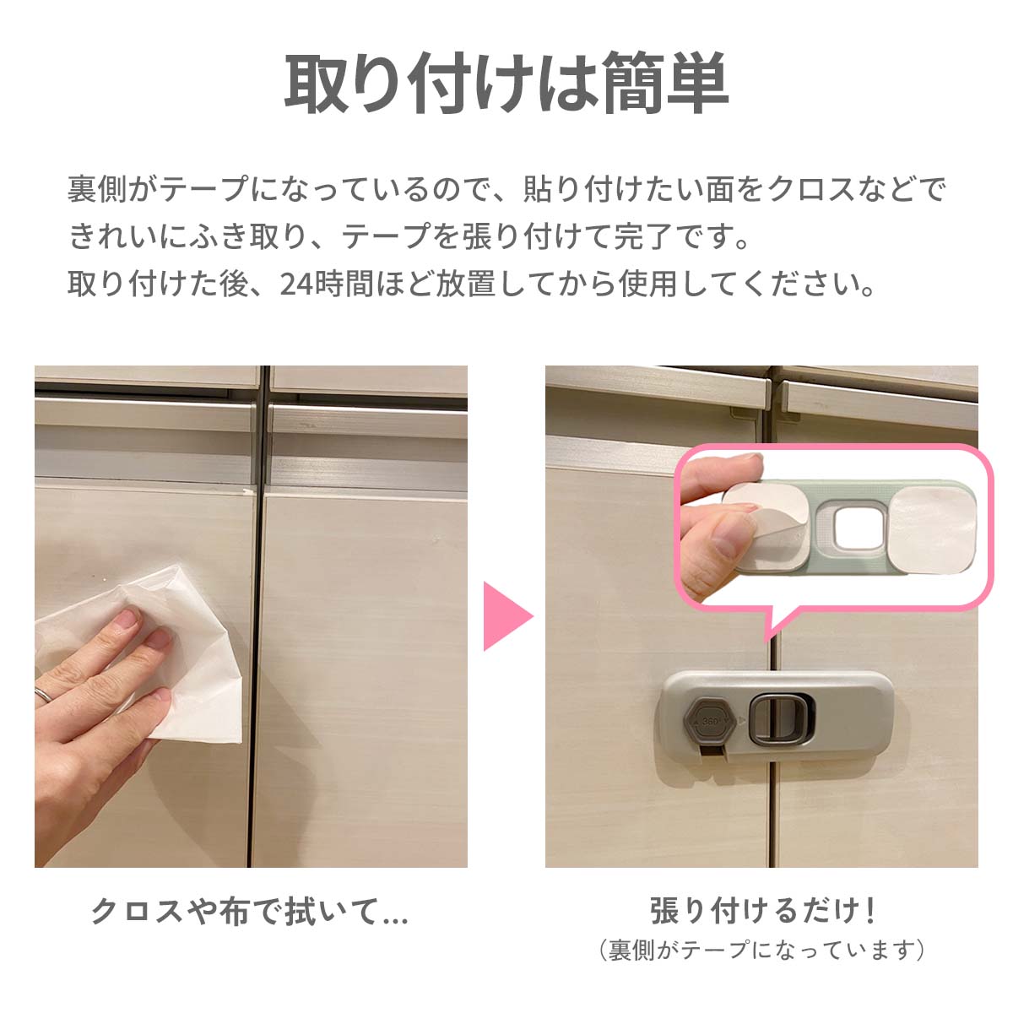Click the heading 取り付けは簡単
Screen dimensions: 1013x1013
pyautogui.click(x=506, y=83)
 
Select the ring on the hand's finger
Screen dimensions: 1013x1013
pyautogui.click(x=44, y=693)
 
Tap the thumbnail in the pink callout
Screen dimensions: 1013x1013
pyautogui.click(x=834, y=528)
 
